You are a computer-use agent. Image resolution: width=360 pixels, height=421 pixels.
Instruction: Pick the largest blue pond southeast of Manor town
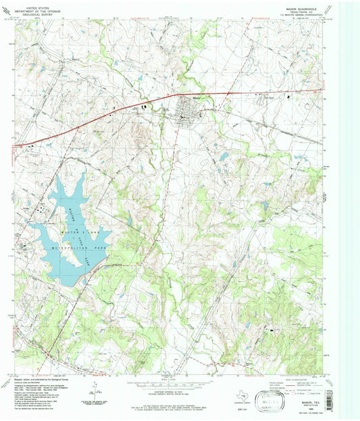click(223, 157)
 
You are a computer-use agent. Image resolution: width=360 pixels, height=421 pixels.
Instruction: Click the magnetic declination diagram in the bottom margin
click(98, 387)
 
